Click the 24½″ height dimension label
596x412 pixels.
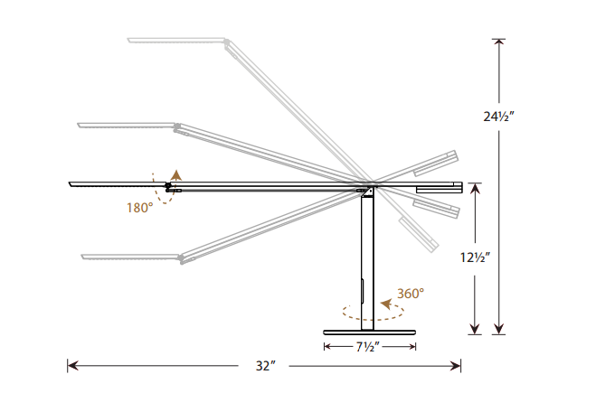498,117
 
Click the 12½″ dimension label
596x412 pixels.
475,257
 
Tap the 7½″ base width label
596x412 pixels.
367,347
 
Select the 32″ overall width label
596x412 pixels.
265,366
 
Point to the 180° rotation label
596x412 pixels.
140,208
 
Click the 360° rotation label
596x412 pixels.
411,294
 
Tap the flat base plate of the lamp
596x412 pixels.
369,332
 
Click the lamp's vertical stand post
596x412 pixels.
367,262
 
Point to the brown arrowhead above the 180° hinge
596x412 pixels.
176,174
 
